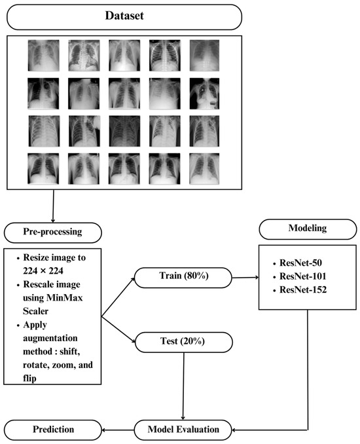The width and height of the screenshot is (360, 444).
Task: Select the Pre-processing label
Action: point(52,232)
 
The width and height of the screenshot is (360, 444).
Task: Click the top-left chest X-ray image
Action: point(43,55)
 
